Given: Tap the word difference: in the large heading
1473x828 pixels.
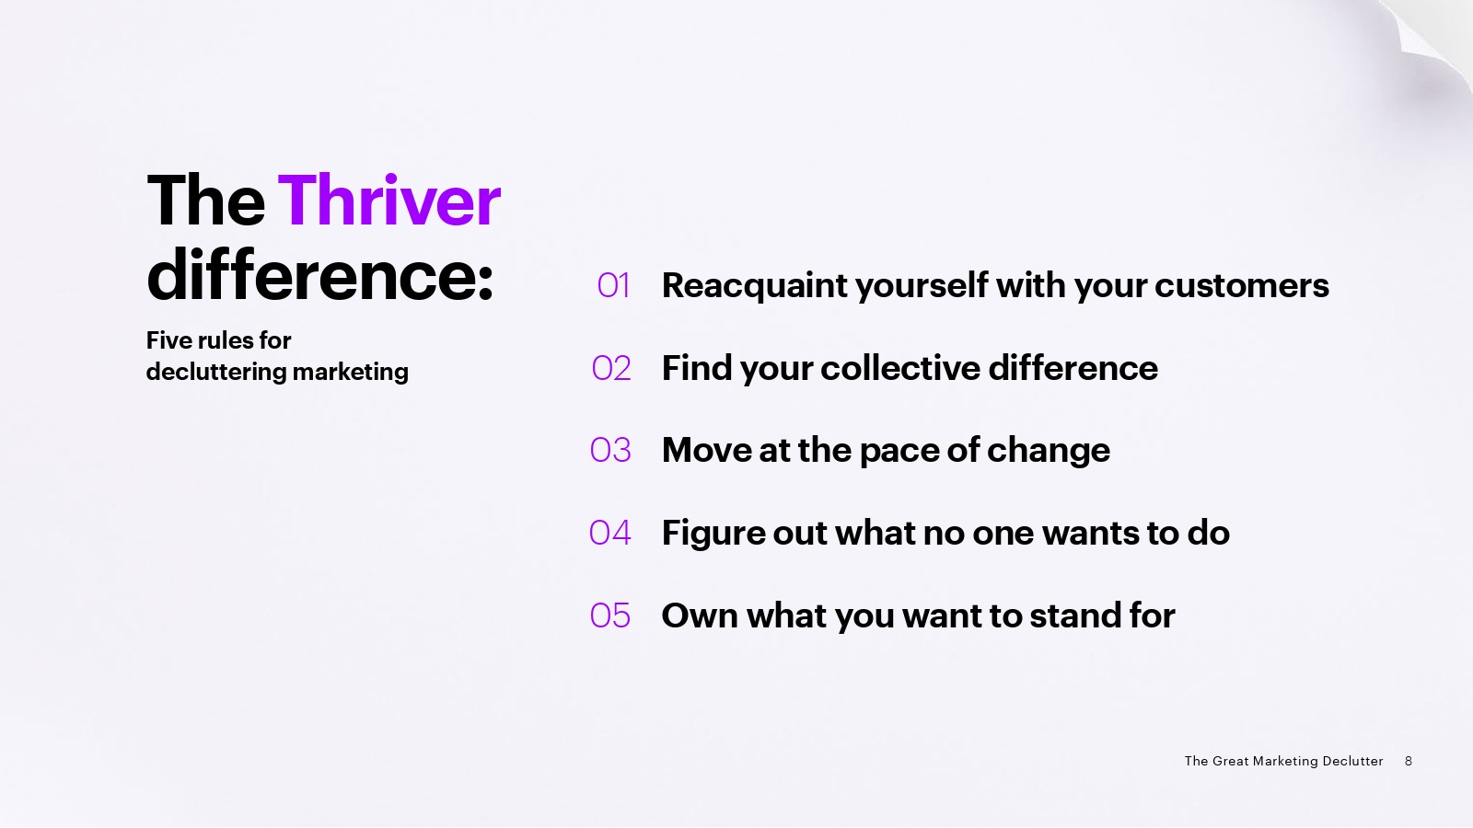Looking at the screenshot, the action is point(320,275).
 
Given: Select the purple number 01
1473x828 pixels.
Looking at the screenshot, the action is point(613,285).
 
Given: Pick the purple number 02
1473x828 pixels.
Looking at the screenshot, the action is point(611,368).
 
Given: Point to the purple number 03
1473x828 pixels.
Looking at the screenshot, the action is point(610,450).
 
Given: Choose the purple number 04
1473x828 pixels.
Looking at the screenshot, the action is point(609,533).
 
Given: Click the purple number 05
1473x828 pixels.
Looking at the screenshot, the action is point(609,615).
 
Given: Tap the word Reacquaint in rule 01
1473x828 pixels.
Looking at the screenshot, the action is point(755,286).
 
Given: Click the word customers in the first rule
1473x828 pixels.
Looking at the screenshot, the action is point(1242,286).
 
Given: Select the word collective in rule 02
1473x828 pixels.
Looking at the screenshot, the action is point(900,367).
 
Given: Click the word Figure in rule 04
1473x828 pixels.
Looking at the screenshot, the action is point(713,534).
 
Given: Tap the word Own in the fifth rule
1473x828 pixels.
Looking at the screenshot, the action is point(700,615).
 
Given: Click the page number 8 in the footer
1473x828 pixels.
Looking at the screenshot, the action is point(1408,761).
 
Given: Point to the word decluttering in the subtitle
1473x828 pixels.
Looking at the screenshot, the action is point(215,372).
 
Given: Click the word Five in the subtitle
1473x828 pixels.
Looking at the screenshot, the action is point(168,340).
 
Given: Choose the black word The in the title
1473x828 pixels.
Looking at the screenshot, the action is point(206,201).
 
